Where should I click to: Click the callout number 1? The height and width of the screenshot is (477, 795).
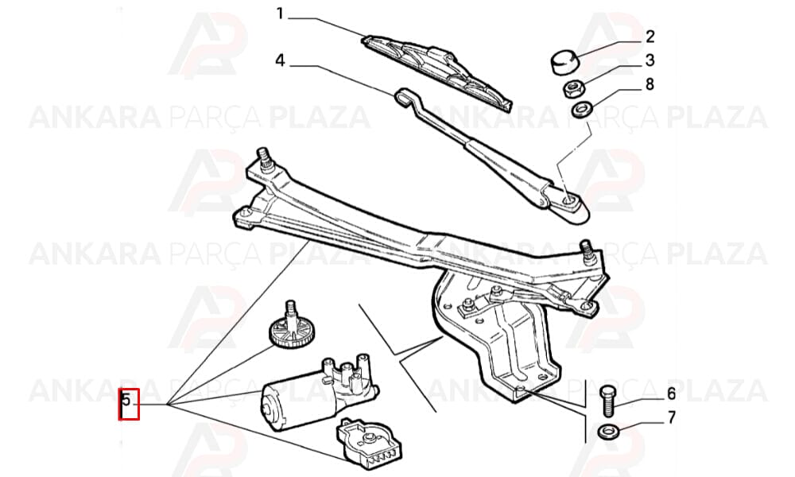pyautogui.click(x=280, y=14)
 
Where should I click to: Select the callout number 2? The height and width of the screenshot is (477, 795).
pyautogui.click(x=650, y=37)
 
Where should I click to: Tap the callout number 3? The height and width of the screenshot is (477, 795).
pyautogui.click(x=650, y=60)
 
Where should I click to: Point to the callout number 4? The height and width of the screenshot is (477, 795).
pyautogui.click(x=281, y=61)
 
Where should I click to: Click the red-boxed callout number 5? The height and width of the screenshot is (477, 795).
pyautogui.click(x=126, y=400)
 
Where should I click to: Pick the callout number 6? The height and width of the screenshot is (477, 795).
pyautogui.click(x=671, y=394)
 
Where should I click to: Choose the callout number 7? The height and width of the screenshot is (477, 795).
pyautogui.click(x=671, y=417)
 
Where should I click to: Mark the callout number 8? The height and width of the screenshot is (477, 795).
pyautogui.click(x=650, y=84)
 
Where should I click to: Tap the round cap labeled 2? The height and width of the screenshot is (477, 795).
pyautogui.click(x=565, y=61)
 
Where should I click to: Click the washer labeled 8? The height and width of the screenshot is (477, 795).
pyautogui.click(x=581, y=110)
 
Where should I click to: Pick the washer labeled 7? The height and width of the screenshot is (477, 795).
pyautogui.click(x=607, y=432)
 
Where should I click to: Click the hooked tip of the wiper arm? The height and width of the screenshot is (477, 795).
pyautogui.click(x=404, y=96)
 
